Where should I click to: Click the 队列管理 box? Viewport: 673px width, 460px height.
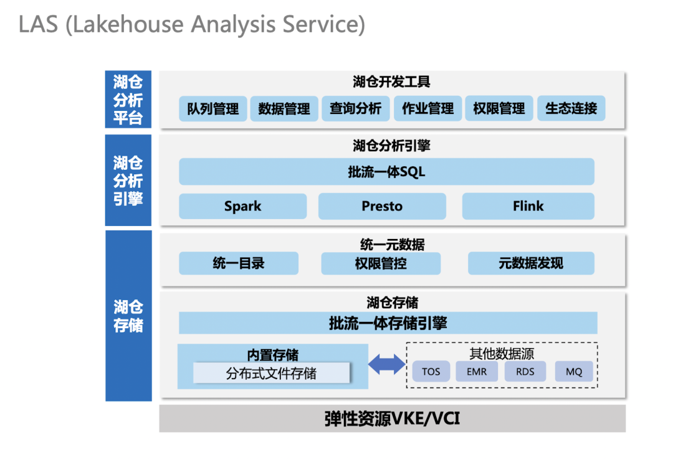[213, 109]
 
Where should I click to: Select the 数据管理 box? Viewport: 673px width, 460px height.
[284, 109]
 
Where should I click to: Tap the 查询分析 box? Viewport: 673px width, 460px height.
[356, 109]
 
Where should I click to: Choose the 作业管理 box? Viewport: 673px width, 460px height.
[427, 109]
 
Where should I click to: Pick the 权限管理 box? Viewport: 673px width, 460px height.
[499, 109]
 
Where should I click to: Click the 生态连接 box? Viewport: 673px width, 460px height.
[571, 109]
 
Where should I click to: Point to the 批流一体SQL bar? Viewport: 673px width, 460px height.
[386, 172]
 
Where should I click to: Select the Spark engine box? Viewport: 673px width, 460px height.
[242, 206]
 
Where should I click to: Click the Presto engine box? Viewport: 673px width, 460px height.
[382, 206]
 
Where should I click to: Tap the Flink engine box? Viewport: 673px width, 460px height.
[528, 206]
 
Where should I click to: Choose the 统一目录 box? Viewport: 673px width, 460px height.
[239, 263]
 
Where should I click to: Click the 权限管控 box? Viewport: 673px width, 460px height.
[381, 263]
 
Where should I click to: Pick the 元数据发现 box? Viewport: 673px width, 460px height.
[531, 263]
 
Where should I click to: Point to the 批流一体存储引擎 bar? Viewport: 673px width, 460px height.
[388, 323]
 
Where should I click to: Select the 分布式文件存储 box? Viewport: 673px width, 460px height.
[271, 373]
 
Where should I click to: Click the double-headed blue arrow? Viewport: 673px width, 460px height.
[387, 365]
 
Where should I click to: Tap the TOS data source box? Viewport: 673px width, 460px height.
[431, 372]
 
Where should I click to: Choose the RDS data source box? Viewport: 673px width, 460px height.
[525, 372]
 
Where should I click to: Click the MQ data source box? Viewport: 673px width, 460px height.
[574, 372]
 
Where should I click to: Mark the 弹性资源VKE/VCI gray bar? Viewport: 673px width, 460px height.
[392, 418]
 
